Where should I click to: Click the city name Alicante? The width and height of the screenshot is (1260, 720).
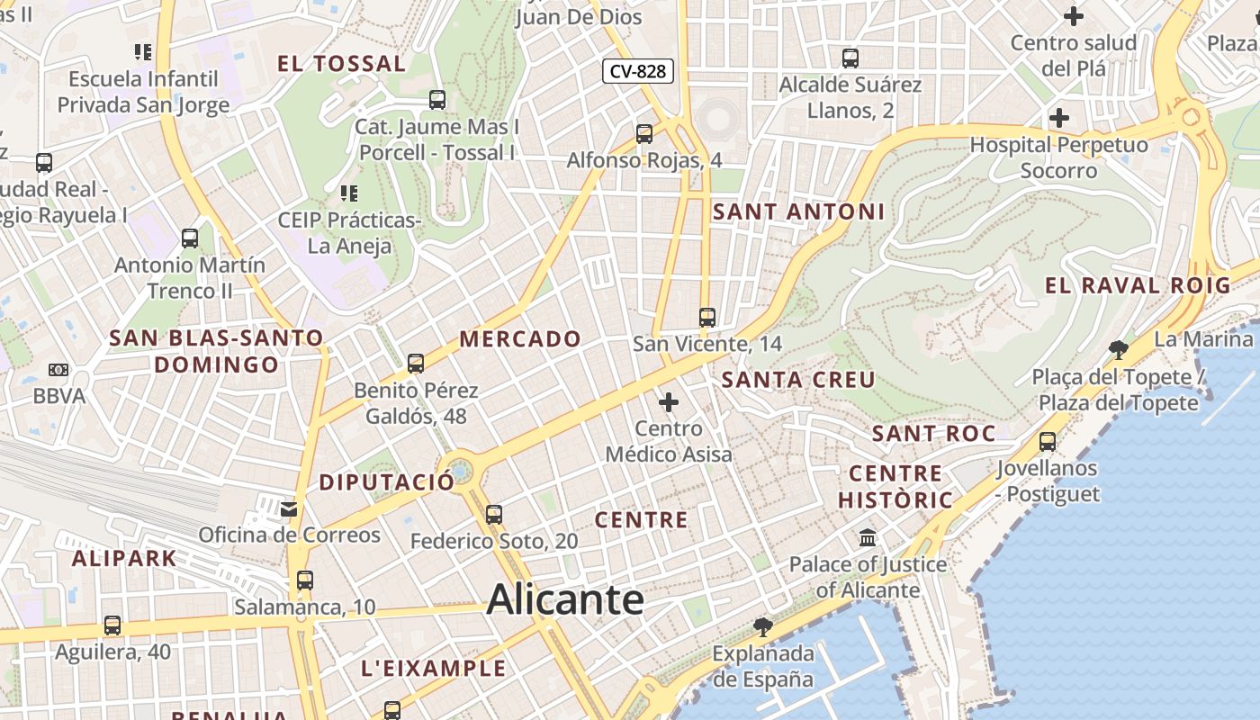[565, 600]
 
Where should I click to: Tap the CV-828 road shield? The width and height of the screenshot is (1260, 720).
[638, 71]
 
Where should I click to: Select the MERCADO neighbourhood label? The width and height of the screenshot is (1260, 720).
[520, 339]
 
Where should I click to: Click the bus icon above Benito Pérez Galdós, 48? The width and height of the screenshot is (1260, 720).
[415, 364]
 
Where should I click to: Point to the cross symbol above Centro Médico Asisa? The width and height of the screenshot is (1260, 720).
[669, 401]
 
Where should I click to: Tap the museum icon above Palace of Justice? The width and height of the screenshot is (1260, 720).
[868, 538]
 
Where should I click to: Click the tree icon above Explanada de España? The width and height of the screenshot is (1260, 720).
[762, 626]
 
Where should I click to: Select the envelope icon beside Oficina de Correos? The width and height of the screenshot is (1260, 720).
[289, 509]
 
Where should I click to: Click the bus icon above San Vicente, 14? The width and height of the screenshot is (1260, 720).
[707, 317]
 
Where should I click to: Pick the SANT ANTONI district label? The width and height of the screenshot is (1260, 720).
[798, 212]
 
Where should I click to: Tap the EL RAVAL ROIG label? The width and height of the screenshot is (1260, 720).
[1137, 286]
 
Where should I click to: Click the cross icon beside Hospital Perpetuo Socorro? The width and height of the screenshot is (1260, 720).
[1059, 118]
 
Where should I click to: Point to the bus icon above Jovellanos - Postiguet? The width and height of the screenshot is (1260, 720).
[1047, 442]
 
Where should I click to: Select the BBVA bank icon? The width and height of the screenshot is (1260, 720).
[58, 370]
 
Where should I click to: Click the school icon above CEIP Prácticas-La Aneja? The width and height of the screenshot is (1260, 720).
[349, 193]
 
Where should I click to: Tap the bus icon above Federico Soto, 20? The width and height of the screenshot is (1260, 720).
[493, 515]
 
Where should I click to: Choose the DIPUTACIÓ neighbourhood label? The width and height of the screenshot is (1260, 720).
[387, 481]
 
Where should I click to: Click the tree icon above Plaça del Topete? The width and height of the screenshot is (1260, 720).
[1119, 349]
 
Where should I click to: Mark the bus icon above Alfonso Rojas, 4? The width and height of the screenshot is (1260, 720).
[644, 134]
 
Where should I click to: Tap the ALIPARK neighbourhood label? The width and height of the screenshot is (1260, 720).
[124, 558]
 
